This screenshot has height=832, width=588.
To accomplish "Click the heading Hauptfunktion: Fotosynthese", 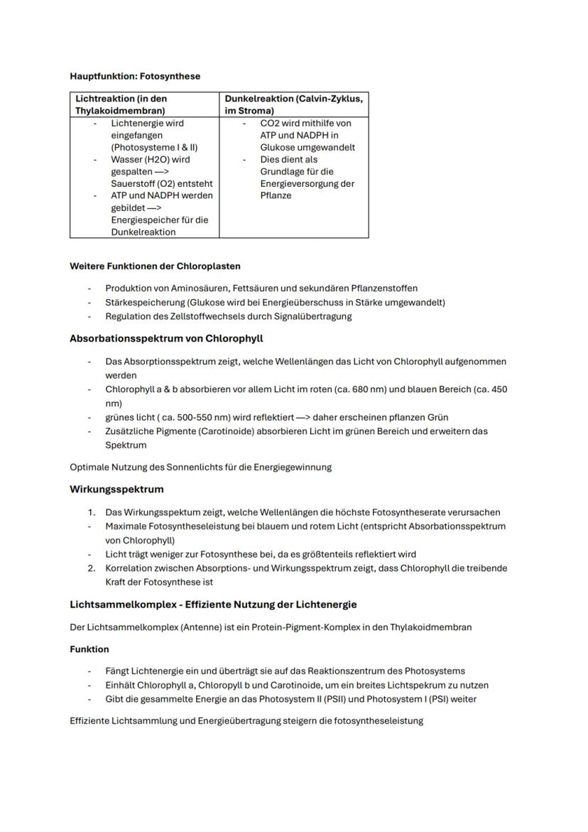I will point(135,76).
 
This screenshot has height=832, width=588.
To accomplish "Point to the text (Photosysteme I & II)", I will point(154,147).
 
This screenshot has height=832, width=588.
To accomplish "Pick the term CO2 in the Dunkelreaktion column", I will point(269,123).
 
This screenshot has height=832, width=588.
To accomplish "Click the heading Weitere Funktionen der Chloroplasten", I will point(155,266).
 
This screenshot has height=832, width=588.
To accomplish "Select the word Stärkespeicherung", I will point(139,302).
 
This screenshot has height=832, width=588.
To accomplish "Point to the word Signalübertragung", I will point(312,316).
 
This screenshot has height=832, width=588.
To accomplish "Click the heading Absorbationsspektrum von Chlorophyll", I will point(166,338).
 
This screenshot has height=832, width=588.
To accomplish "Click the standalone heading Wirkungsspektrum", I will point(116,490).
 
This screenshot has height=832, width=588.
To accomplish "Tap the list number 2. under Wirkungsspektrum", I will point(92,568).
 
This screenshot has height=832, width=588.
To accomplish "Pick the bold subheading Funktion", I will point(89,649).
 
